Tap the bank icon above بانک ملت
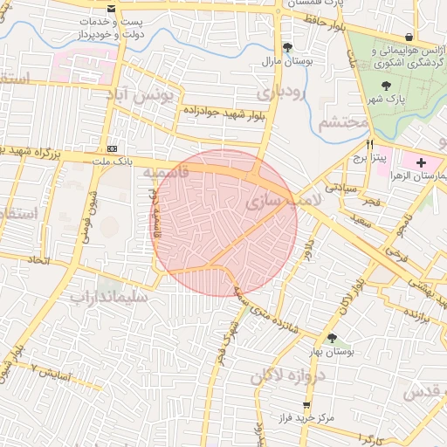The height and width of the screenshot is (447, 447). tap(112, 148)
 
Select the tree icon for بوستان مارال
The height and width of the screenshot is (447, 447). tap(288, 47)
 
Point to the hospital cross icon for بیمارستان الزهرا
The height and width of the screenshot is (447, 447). tap(422, 163)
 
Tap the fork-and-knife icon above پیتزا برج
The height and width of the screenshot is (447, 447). tap(370, 144)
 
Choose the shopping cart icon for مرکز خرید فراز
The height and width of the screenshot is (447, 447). tap(306, 406)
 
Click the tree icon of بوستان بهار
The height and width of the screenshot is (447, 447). tap(331, 337)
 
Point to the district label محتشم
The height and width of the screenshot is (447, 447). tap(338, 122)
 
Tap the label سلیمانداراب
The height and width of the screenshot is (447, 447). tap(113, 298)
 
